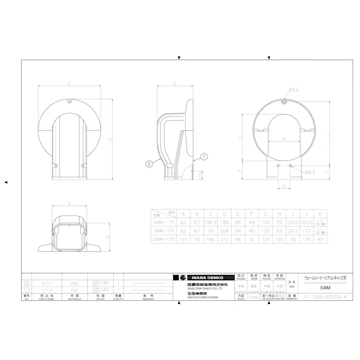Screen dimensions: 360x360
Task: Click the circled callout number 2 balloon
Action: tap(149, 164)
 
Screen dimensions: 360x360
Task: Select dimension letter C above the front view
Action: tap(69, 84)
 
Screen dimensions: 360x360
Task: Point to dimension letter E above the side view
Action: tap(174, 84)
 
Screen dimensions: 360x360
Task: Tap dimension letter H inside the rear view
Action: tap(284, 139)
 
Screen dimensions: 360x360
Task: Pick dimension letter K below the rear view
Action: tap(284, 186)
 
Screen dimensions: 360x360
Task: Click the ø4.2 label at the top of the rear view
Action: tap(295, 89)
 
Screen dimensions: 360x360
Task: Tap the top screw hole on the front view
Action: tap(69, 102)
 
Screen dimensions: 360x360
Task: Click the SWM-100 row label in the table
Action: tap(163, 239)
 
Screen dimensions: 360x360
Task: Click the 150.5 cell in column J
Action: tap(306, 222)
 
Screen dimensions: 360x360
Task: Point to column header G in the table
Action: tap(265, 213)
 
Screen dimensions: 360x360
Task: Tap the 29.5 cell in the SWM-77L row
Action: tap(292, 231)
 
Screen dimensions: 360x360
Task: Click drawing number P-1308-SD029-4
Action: tap(325, 297)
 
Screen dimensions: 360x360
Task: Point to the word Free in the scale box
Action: tap(253, 297)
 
